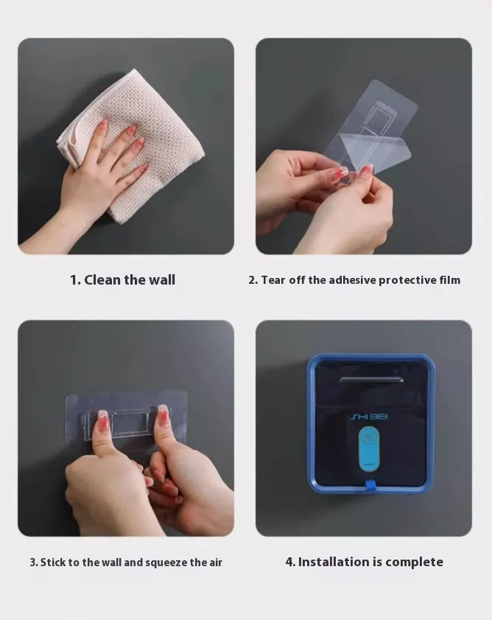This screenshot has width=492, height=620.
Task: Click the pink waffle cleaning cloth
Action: (134, 142)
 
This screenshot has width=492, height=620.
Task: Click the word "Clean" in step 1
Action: (102, 280)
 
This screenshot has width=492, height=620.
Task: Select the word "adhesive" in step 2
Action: (352, 280)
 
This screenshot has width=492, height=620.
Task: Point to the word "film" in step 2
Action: (450, 280)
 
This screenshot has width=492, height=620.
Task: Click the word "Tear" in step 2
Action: (273, 280)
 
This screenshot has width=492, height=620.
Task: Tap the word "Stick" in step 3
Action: (52, 562)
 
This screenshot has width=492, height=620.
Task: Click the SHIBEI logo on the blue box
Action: (369, 417)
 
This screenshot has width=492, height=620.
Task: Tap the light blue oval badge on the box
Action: (369, 449)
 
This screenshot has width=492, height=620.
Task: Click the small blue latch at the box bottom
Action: (370, 486)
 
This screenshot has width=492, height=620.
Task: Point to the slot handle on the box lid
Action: (370, 380)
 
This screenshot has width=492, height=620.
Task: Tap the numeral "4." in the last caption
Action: (290, 562)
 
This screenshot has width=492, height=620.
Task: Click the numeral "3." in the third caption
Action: (34, 562)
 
